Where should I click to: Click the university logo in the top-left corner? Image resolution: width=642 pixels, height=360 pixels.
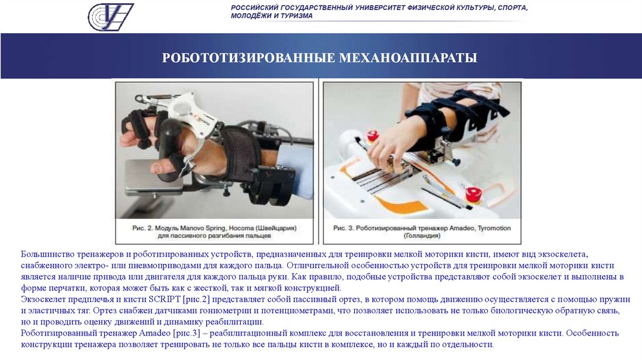pyautogui.click(x=110, y=16)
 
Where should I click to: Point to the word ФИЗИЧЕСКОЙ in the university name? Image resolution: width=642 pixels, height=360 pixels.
pyautogui.click(x=409, y=8)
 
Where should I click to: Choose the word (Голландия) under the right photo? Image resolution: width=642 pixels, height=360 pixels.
pyautogui.click(x=422, y=236)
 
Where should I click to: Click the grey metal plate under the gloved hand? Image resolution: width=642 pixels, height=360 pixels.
pyautogui.click(x=154, y=176)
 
